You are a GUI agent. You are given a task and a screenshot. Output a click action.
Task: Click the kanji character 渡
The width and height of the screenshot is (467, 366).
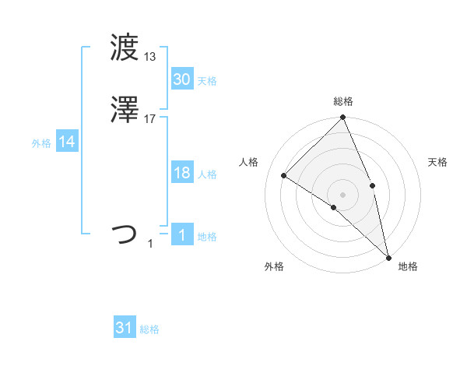125,49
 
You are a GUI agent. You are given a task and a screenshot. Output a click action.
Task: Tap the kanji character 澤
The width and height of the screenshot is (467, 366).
125,111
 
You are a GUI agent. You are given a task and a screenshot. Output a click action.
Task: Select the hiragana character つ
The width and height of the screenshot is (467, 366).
125,234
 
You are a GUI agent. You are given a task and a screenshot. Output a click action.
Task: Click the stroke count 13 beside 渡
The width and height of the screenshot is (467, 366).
150,56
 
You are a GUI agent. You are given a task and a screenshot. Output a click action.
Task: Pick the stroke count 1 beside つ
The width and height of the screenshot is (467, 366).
150,244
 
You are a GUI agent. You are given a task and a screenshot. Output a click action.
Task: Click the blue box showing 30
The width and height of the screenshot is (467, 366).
182,79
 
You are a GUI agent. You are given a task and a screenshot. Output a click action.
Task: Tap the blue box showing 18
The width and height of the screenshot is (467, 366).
182,174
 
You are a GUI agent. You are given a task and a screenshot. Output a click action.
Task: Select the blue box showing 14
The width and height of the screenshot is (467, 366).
67,143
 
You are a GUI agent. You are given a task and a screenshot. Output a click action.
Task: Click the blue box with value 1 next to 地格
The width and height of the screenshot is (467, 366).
182,236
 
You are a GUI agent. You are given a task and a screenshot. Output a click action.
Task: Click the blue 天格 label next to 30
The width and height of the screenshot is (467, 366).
208,81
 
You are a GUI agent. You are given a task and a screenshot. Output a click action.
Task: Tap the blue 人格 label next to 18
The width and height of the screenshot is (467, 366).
208,174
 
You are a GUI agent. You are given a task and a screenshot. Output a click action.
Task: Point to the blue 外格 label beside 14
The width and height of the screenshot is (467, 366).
41,143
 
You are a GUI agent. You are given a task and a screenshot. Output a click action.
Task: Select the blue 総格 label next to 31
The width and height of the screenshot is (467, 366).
149,329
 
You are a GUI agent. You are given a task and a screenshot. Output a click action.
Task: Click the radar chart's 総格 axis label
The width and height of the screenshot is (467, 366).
343,101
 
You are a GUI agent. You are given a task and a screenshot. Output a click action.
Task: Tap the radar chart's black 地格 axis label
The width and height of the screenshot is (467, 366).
408,267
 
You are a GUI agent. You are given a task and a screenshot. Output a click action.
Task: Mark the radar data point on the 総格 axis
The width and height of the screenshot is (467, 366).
343,118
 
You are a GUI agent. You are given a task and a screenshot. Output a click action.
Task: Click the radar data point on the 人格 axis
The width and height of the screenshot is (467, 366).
284,175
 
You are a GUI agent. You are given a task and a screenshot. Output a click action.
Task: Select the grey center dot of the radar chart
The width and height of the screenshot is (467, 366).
343,194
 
